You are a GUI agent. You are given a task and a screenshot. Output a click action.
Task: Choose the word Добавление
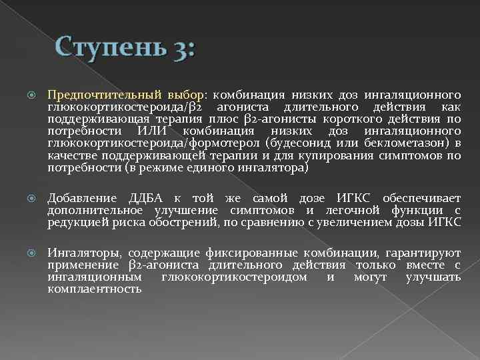pyautogui.click(x=82, y=199)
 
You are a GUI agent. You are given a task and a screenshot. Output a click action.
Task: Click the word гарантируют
pyautogui.click(x=416, y=253)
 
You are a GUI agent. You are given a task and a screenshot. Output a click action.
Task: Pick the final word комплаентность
pyautogui.click(x=95, y=289)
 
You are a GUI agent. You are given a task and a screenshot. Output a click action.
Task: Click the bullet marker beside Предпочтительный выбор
pyautogui.click(x=27, y=96)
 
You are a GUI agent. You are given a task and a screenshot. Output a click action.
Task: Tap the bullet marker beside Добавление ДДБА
pyautogui.click(x=27, y=199)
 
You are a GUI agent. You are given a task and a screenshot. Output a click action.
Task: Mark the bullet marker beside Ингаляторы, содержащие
pyautogui.click(x=27, y=254)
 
